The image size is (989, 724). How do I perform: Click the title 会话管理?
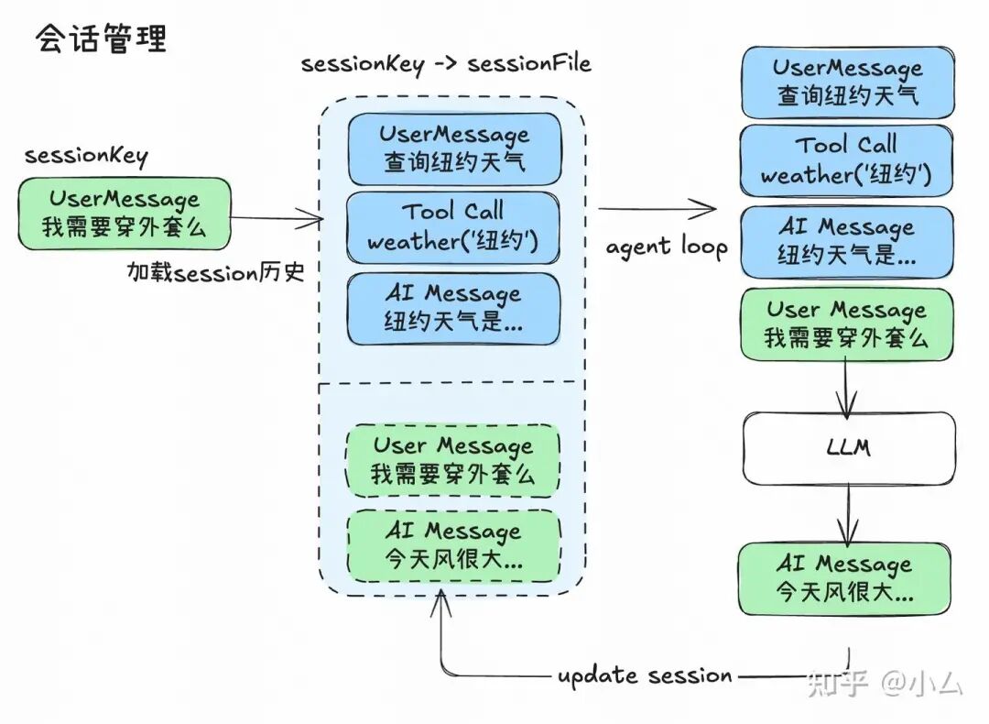102,39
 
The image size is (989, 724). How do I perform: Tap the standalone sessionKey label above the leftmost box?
86,155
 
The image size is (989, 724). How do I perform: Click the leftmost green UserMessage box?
124,214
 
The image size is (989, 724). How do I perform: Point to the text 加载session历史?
216,272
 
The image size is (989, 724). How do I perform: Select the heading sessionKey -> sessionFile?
446,63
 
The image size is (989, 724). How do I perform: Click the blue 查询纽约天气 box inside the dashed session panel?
453,149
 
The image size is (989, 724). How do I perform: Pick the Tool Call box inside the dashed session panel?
452,227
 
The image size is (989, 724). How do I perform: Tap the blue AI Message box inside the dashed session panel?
453,308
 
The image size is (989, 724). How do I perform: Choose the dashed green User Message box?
452,461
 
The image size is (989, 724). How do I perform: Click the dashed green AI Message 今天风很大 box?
453,545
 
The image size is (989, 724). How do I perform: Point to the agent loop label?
667,247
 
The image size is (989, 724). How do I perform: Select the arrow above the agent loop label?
658,210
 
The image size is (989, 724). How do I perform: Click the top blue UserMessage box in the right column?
847,82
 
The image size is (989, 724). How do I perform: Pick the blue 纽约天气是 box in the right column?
846,241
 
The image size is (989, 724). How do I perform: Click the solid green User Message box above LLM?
846,324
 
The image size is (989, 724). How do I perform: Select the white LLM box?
848,447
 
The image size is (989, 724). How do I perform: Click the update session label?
645,676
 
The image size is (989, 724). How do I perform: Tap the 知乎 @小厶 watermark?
885,683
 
